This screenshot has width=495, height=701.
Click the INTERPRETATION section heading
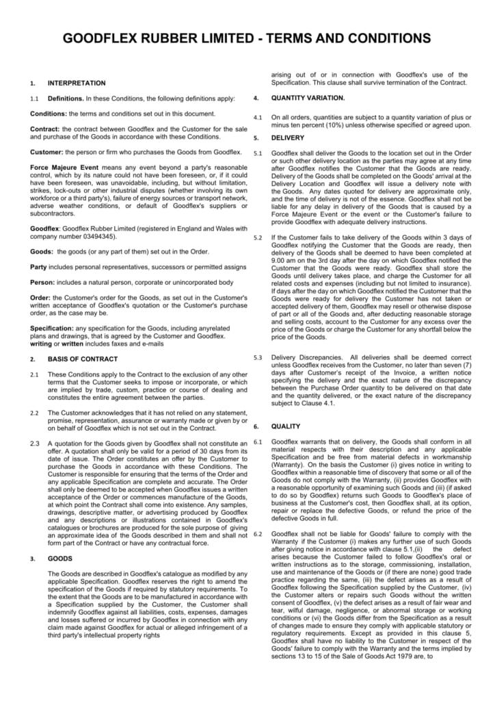tap(77, 83)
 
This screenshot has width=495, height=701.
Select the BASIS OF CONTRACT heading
tap(83, 359)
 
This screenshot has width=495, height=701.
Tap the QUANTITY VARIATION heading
tap(308, 97)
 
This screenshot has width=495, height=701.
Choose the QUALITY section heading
tap(286, 426)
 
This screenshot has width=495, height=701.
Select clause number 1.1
tap(35, 99)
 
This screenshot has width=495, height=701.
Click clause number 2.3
tap(35, 444)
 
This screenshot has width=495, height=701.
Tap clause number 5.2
tap(258, 238)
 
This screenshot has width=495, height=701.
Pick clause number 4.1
tap(258, 118)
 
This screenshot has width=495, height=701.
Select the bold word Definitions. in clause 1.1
tap(66, 99)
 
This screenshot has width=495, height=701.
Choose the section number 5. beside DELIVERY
tap(256, 138)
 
